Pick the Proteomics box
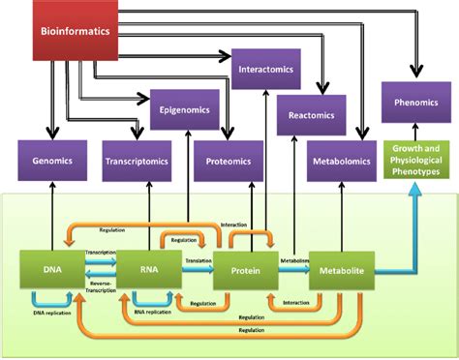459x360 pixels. (229, 163)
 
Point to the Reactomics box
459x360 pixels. (311, 115)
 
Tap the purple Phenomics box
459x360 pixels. (414, 102)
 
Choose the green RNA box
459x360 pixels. (149, 271)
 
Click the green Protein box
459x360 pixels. (246, 272)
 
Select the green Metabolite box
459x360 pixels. (341, 272)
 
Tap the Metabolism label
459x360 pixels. (293, 261)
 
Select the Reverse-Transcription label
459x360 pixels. (100, 287)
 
